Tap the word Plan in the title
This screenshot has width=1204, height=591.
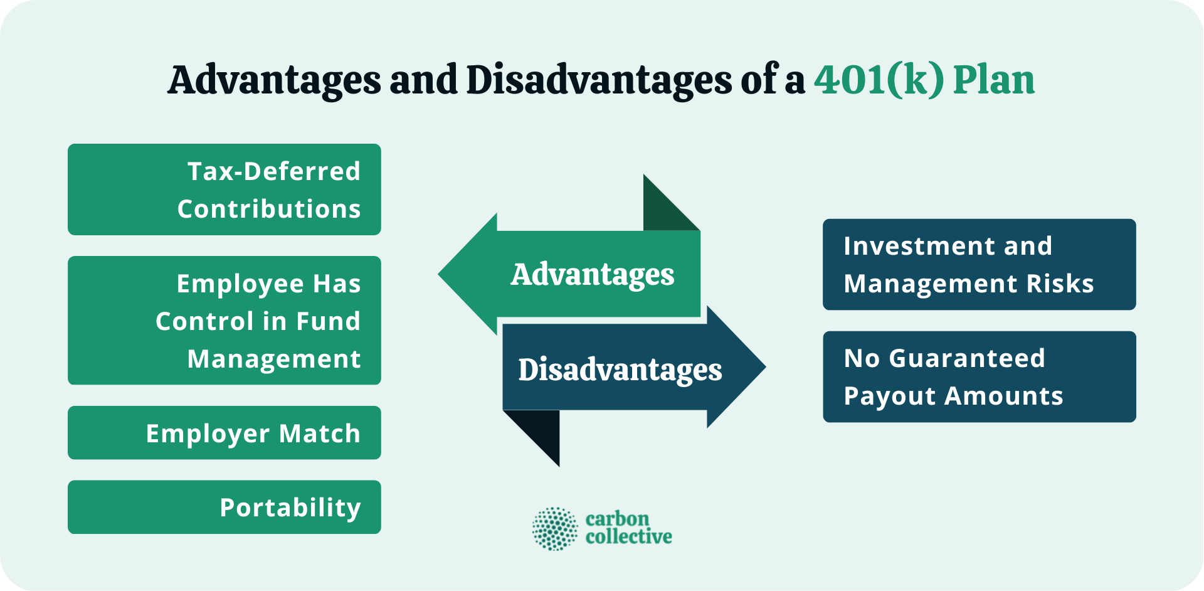pyautogui.click(x=994, y=80)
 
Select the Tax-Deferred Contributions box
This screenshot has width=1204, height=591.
pyautogui.click(x=224, y=189)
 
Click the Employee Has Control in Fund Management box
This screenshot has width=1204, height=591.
pyautogui.click(x=224, y=320)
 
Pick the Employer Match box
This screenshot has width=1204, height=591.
pyautogui.click(x=224, y=433)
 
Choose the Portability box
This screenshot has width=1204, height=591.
pyautogui.click(x=224, y=507)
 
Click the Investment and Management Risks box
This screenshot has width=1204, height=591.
pyautogui.click(x=979, y=264)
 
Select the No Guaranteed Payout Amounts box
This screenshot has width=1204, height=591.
pyautogui.click(x=979, y=376)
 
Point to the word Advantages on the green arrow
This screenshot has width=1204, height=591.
pyautogui.click(x=593, y=275)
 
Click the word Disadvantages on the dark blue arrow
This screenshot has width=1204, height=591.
pyautogui.click(x=620, y=370)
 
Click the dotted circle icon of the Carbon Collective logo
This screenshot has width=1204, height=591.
pyautogui.click(x=554, y=529)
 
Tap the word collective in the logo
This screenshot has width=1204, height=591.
pyautogui.click(x=628, y=537)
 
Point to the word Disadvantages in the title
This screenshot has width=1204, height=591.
pyautogui.click(x=599, y=80)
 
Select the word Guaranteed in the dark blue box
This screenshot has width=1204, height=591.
pyautogui.click(x=967, y=358)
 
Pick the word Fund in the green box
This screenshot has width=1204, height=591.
pyautogui.click(x=328, y=321)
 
